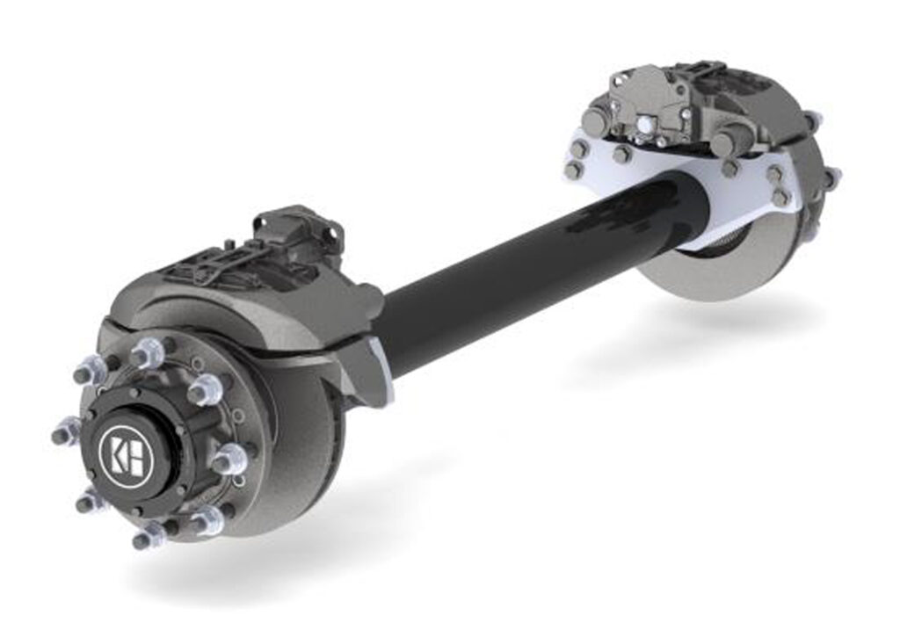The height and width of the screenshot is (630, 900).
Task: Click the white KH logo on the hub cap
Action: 122,451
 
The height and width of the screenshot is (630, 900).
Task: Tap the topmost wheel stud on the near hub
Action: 146,354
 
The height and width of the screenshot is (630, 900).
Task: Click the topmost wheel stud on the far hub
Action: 812,119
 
